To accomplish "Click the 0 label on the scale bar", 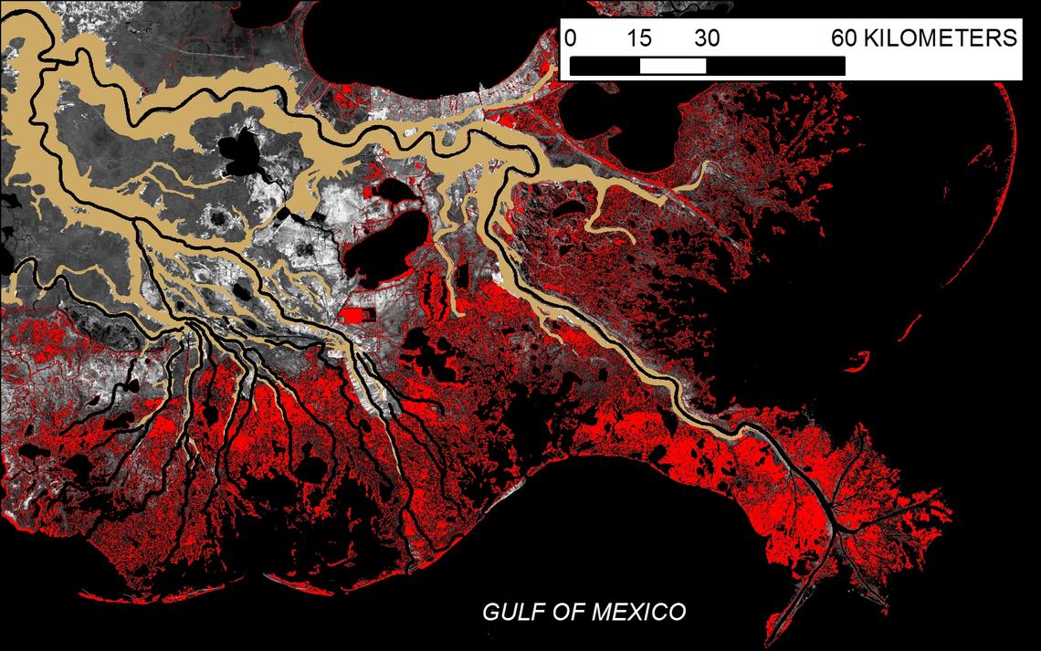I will [x=571, y=38].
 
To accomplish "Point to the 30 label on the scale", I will [x=706, y=38].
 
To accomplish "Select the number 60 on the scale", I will [x=845, y=38].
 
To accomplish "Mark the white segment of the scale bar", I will [x=673, y=67].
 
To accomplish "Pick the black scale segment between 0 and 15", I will [x=605, y=67].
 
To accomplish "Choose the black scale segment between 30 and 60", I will [x=775, y=67].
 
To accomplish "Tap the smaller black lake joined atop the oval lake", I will [x=394, y=192].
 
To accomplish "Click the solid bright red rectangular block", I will [x=356, y=315].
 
